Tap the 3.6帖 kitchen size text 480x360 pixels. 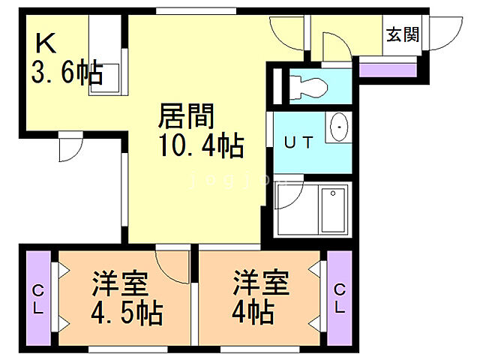tap(67, 73)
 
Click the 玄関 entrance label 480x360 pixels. tap(403, 35)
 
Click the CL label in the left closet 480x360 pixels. tap(38, 298)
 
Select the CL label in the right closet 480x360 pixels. tap(340, 298)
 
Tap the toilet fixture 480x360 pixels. tap(307, 85)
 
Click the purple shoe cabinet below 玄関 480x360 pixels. tap(387, 70)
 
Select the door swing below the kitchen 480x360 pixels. tap(69, 147)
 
